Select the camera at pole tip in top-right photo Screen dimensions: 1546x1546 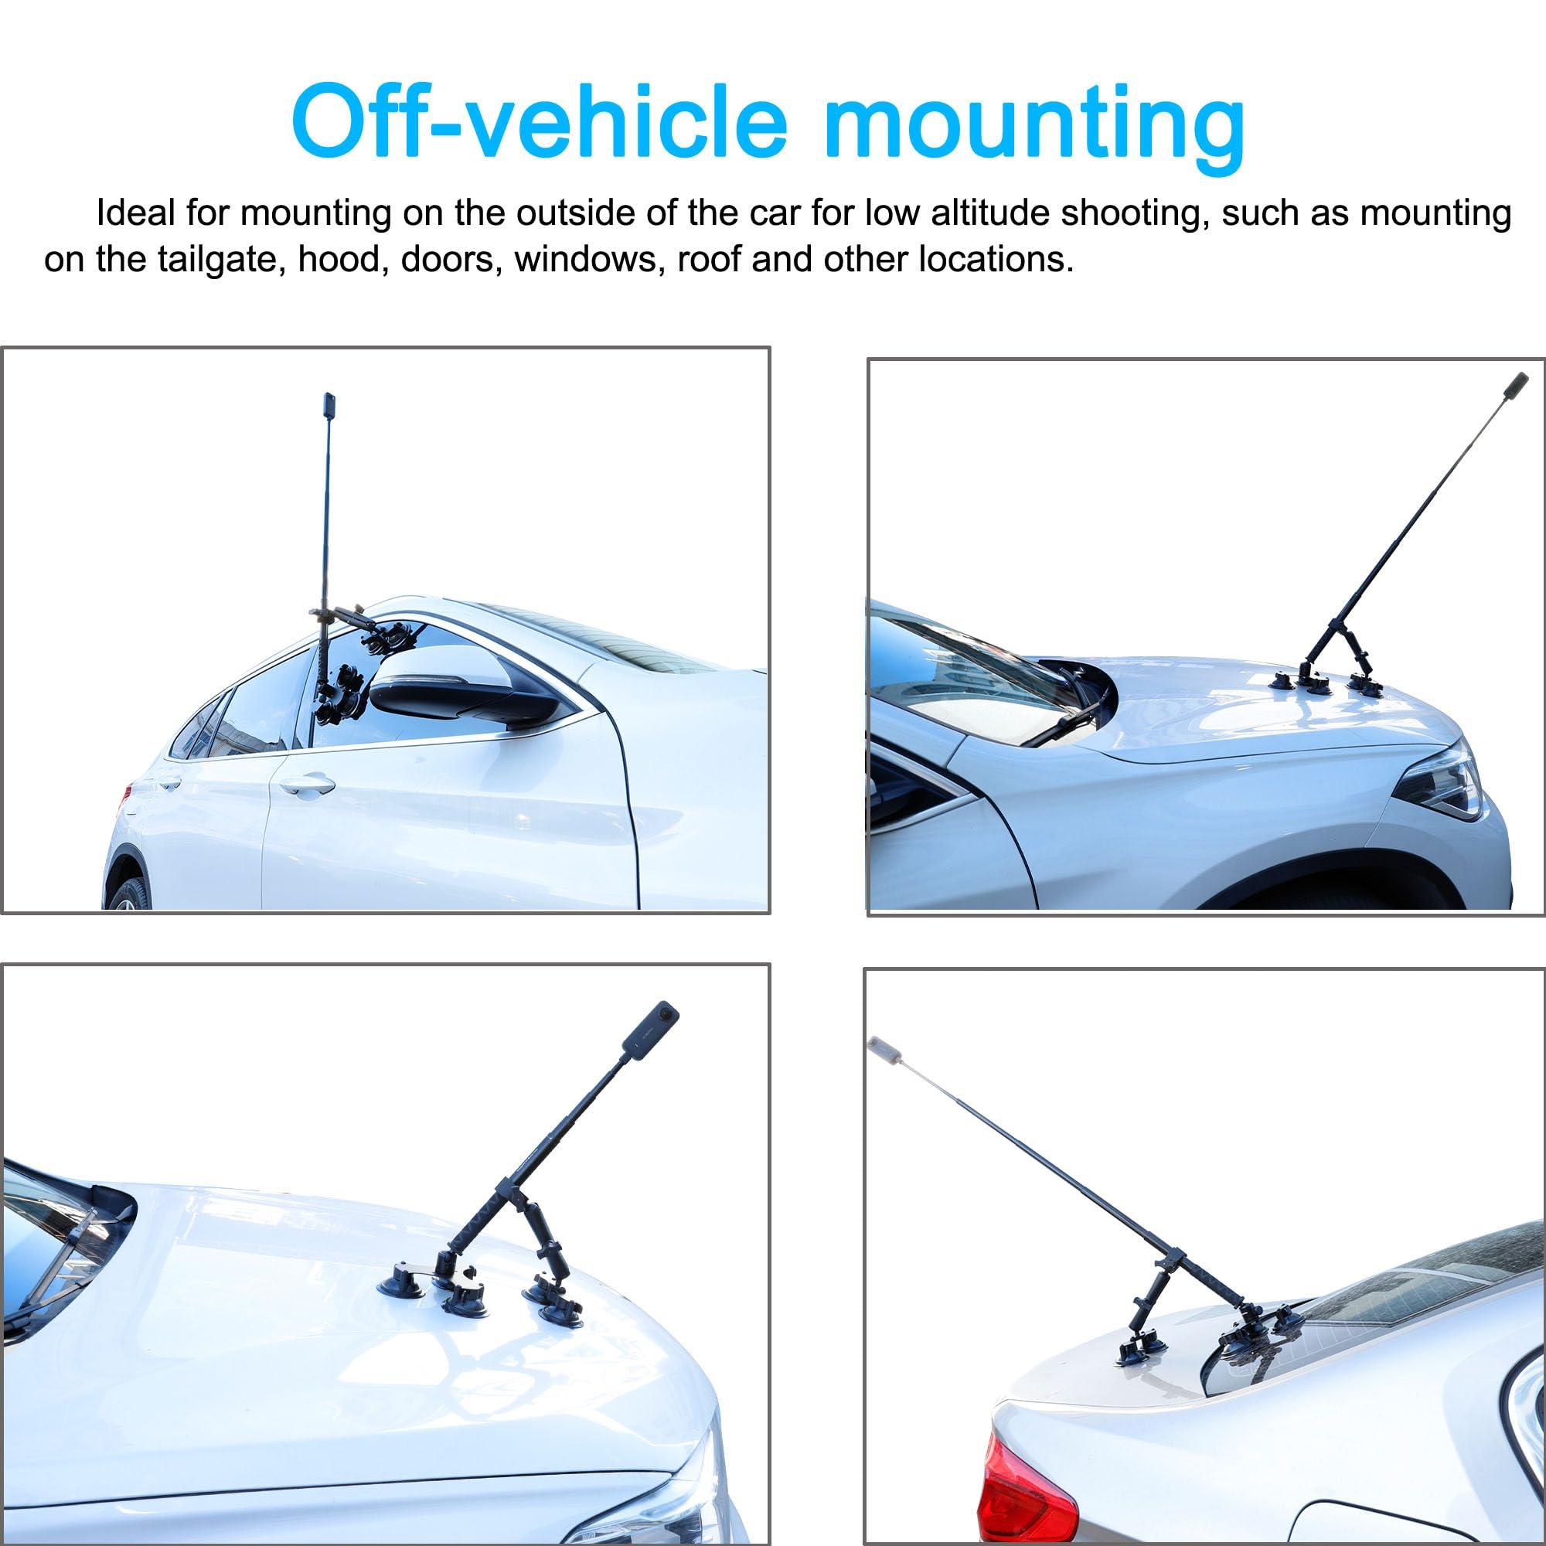click(x=1517, y=383)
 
